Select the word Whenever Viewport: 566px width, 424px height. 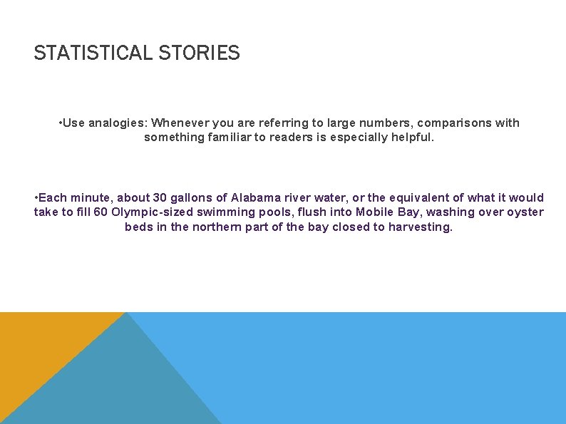pos(177,123)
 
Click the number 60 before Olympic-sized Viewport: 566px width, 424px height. pos(101,212)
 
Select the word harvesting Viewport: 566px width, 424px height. pos(421,227)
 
